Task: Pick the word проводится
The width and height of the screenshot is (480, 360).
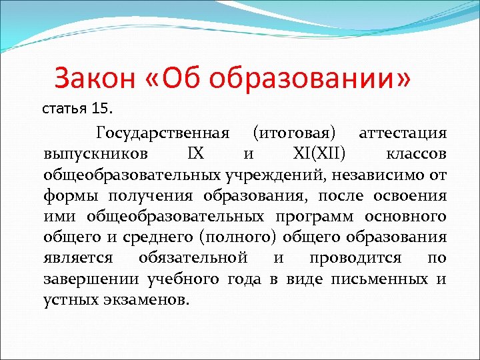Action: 360,258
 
